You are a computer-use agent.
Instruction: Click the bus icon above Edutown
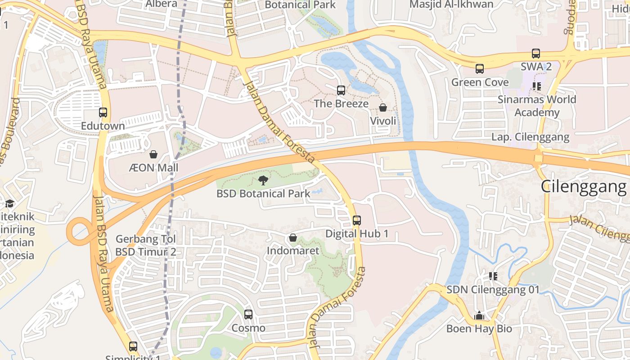click(x=103, y=112)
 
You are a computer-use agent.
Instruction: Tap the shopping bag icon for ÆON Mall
click(x=153, y=154)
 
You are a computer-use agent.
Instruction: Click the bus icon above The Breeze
click(x=341, y=90)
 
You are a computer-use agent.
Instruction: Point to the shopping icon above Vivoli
click(x=383, y=108)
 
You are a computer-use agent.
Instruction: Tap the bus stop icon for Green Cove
click(x=480, y=69)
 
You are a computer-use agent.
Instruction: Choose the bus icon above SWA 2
click(x=536, y=54)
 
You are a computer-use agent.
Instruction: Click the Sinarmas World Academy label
click(x=537, y=106)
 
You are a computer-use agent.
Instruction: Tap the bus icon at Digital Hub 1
click(x=357, y=220)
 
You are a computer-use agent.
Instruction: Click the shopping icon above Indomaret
click(x=293, y=237)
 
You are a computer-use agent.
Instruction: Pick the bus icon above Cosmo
click(x=248, y=315)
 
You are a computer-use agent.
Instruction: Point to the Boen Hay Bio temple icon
click(x=479, y=315)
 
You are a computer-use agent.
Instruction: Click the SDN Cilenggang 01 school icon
click(x=493, y=276)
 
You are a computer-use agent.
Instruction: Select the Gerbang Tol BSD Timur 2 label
click(x=146, y=245)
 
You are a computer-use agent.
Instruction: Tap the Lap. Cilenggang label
click(x=530, y=137)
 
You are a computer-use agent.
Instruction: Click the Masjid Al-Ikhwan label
click(x=451, y=4)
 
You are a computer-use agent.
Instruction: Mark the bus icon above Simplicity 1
click(x=133, y=346)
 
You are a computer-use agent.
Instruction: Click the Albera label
click(x=161, y=4)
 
